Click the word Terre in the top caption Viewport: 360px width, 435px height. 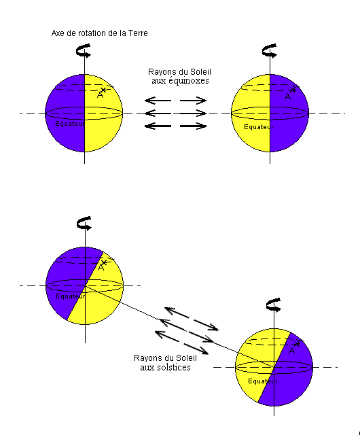click(x=138, y=33)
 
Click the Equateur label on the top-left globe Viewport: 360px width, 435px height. click(x=70, y=124)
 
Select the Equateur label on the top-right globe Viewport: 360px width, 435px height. click(x=259, y=127)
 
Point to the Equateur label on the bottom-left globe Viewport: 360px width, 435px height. click(x=71, y=296)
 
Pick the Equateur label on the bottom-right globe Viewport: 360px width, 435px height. click(x=263, y=381)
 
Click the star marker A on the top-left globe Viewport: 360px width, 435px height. click(x=103, y=90)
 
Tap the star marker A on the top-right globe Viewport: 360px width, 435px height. click(x=293, y=90)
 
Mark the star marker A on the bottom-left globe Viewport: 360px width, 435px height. click(x=104, y=263)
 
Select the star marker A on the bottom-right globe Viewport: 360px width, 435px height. click(x=297, y=344)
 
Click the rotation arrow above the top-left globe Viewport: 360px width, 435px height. click(x=83, y=51)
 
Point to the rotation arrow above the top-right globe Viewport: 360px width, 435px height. click(x=269, y=51)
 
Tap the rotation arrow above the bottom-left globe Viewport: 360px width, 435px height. click(x=84, y=224)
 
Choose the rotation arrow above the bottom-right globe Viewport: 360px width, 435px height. click(x=273, y=305)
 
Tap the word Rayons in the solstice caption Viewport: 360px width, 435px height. click(x=146, y=358)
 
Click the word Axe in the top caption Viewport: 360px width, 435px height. click(x=58, y=33)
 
